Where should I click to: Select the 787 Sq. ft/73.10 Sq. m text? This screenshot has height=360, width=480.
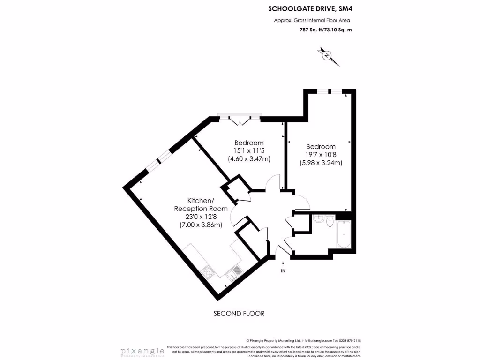coord(325,30)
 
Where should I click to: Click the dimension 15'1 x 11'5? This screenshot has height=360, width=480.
coord(249,151)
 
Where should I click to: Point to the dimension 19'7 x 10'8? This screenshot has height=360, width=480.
coord(321,155)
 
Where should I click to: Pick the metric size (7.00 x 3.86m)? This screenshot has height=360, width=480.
coord(201,225)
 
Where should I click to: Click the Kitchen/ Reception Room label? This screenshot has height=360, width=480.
coord(201,204)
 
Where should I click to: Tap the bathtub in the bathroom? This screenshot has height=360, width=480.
coord(344,234)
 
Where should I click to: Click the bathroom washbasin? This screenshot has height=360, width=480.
coord(318,218)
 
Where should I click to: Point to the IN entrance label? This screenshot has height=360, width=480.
coord(283,271)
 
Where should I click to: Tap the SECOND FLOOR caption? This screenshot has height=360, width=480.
coord(239,313)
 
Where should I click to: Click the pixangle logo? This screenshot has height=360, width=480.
coord(142,351)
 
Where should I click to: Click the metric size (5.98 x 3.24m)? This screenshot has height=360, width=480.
coord(321,163)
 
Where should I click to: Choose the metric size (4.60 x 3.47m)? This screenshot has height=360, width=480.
coord(249,159)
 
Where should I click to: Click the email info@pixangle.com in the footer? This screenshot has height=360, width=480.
coord(317,341)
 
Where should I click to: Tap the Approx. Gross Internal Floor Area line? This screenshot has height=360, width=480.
coord(312,20)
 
